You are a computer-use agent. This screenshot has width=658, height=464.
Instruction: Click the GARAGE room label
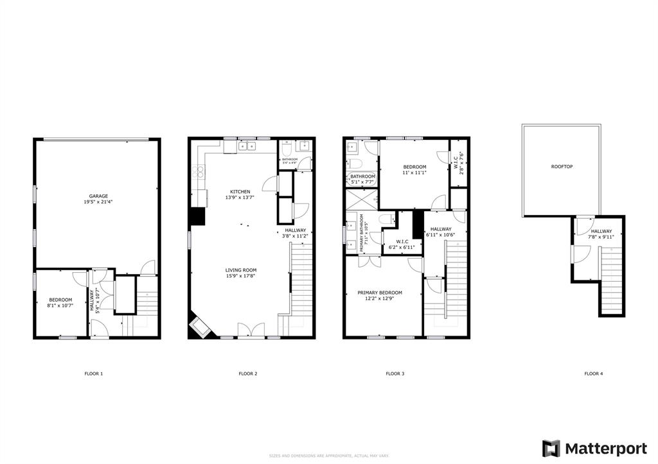point(98,196)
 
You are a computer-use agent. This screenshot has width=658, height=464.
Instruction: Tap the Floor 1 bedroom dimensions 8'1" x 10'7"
point(61,306)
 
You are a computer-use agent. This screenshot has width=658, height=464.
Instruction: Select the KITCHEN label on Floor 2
point(241,191)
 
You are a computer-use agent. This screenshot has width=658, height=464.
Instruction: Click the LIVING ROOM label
point(241,270)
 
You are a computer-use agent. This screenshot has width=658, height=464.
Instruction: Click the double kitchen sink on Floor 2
point(246,146)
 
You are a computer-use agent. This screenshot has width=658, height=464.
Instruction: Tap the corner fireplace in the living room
point(199,327)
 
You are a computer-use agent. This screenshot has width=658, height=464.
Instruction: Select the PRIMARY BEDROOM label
point(380,293)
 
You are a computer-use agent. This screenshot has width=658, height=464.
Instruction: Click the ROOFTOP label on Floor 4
point(562,166)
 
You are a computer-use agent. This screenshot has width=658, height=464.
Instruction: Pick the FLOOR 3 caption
point(395,374)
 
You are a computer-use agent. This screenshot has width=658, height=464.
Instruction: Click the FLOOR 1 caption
point(94,374)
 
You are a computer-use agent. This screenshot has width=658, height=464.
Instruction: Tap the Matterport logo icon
point(551,448)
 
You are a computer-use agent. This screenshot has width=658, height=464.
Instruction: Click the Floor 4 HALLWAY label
point(601,231)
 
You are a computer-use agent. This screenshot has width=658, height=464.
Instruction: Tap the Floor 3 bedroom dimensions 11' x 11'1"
point(414,173)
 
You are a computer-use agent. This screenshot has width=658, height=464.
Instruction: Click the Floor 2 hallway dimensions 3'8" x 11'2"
point(296,236)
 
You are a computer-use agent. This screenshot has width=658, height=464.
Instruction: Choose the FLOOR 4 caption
point(593,374)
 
